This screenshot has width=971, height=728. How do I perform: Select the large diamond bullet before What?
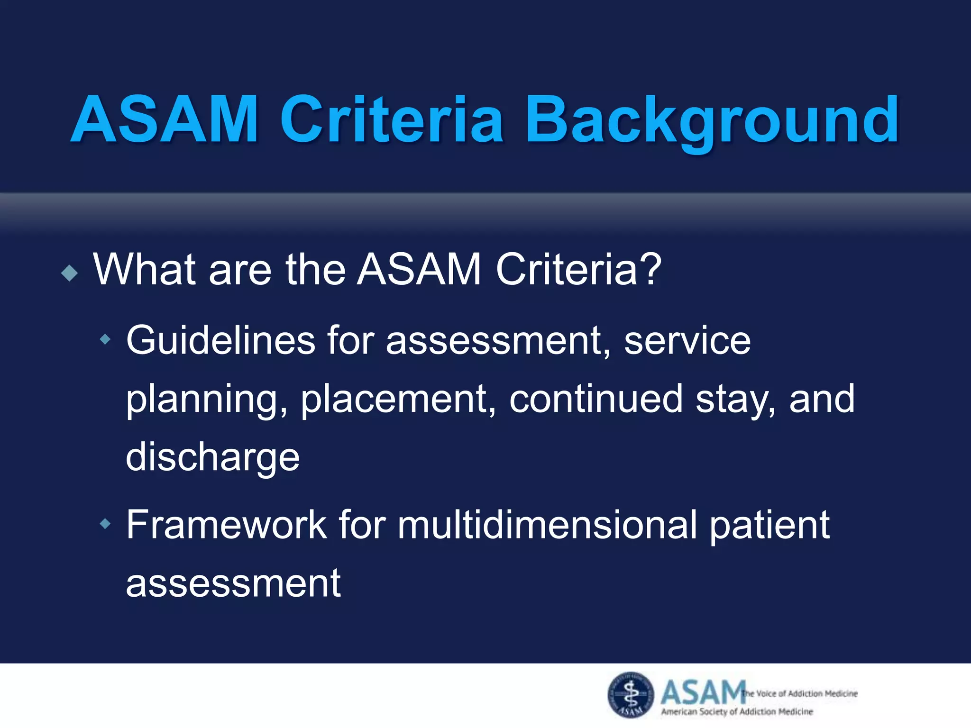70,273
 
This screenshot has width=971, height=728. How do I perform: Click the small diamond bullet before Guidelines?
105,339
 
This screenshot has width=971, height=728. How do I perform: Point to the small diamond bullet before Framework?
105,524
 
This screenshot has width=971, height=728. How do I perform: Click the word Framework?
226,525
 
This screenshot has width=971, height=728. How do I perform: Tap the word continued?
596,399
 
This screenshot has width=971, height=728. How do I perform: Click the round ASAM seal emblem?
631,695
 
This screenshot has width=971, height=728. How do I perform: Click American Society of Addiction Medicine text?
737,711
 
